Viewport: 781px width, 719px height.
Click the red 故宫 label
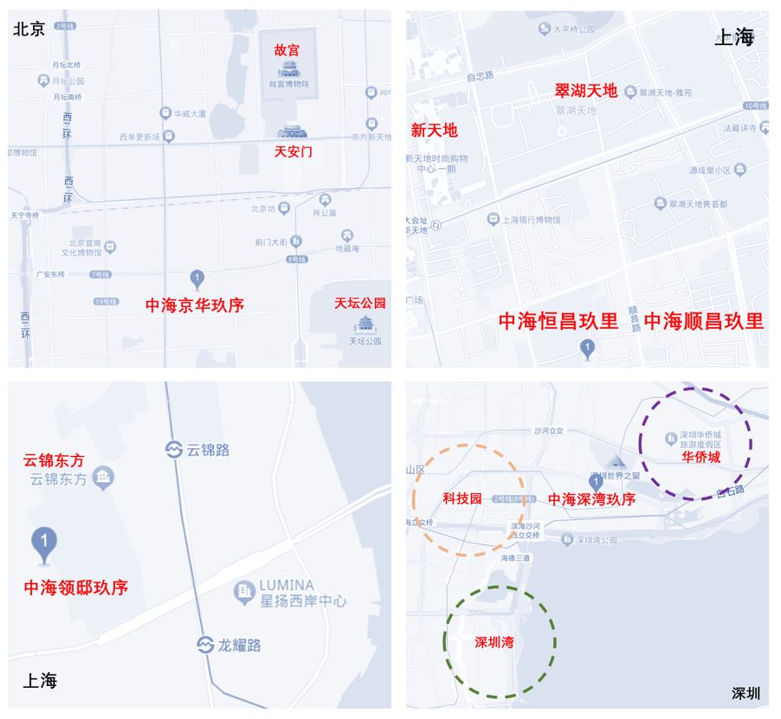pos(287,50)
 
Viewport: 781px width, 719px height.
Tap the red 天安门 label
pos(293,151)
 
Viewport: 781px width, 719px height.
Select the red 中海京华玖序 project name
pos(194,305)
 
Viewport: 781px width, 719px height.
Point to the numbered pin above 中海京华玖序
pos(197,278)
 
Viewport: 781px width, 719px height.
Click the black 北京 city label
pos(29,29)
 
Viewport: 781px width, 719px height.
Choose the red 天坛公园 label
pos(360,304)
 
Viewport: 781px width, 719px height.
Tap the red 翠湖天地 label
pos(586,90)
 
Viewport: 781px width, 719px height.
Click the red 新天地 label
pos(434,131)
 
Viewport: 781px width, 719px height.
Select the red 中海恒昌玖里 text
pos(558,322)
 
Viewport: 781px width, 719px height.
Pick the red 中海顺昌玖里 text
pos(704,322)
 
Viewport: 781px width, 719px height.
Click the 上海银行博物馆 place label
pos(531,220)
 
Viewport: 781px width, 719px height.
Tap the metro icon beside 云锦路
pos(174,449)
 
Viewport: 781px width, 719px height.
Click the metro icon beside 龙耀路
pos(204,645)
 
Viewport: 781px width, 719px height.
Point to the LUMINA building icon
pos(245,593)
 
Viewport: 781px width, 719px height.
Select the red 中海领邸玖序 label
pos(76,588)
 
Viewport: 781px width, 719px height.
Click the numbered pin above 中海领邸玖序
pos(44,542)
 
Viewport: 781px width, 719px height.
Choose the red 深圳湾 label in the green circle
pos(500,643)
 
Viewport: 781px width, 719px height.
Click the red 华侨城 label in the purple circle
pos(700,457)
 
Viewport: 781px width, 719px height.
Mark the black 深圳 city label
pos(745,693)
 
